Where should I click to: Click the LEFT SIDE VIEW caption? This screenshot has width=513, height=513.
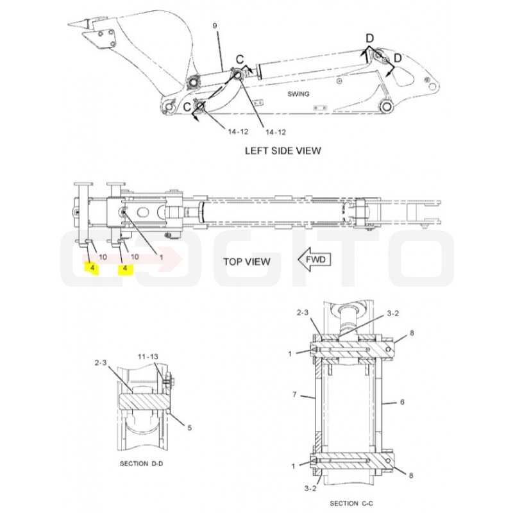[283, 151]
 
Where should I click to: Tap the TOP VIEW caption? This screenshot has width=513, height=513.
[247, 262]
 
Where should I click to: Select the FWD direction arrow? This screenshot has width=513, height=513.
[314, 260]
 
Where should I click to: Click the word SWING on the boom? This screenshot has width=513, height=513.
[298, 94]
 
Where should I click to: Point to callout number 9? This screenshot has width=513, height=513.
[215, 26]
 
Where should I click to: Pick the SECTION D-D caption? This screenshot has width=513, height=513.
[141, 464]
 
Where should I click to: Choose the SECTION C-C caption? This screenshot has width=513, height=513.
[351, 503]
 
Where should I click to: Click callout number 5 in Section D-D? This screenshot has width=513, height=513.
[189, 428]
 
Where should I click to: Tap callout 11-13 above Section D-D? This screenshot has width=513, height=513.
[148, 357]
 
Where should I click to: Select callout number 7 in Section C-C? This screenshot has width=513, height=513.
[294, 394]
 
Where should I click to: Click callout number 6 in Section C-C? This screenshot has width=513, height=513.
[402, 402]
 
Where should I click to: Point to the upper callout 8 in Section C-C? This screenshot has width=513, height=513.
[412, 333]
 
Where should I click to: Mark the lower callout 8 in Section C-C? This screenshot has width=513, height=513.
[411, 475]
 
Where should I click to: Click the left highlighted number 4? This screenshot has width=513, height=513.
[92, 268]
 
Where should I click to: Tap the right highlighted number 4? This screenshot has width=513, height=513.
[124, 269]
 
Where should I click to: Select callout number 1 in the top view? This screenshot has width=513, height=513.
[161, 258]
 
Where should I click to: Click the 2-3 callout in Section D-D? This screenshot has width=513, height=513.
[101, 363]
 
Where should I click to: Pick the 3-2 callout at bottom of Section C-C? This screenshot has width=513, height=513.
[310, 489]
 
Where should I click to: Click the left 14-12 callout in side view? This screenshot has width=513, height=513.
[238, 131]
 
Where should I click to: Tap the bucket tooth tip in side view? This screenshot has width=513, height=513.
[69, 24]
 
